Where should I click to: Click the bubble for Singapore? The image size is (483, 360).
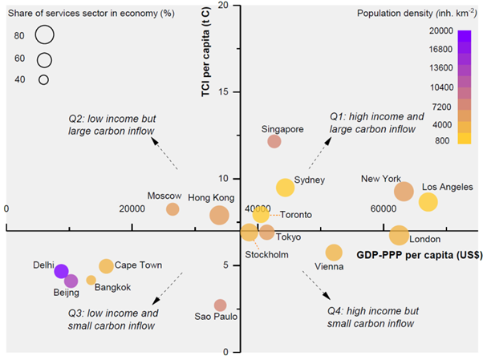274,141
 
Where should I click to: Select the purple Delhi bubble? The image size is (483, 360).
62,272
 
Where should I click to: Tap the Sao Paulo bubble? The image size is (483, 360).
220,305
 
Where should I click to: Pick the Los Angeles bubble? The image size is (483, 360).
428,202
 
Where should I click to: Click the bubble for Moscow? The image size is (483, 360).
172,209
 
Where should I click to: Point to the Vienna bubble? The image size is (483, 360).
334,252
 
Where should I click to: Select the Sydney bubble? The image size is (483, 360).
285,188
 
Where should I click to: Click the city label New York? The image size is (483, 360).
380,178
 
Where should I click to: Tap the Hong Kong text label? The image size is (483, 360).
211,197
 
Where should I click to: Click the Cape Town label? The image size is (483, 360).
138,265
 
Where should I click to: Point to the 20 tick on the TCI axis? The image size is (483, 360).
223,6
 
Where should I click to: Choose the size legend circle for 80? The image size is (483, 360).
44,35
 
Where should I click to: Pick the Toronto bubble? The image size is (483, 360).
261,214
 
